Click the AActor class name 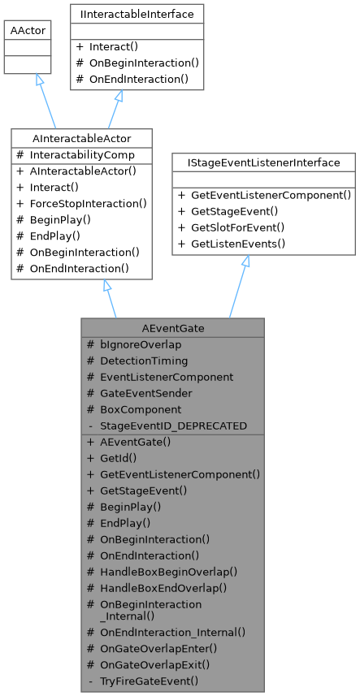point(27,30)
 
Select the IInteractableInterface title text point(137,14)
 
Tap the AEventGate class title point(172,328)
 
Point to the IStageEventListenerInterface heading point(263,163)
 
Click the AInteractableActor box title point(82,139)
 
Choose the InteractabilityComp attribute point(82,155)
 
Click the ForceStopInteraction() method point(89,203)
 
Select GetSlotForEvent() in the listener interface point(237,227)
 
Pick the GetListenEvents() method point(238,244)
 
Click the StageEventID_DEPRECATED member point(173,426)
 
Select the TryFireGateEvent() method point(149,681)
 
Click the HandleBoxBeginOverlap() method point(169,572)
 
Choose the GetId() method point(118,458)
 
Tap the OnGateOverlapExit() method point(155,665)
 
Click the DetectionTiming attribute point(144,361)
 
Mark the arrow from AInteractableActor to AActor point(46,101)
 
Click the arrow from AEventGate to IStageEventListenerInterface point(239,287)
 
